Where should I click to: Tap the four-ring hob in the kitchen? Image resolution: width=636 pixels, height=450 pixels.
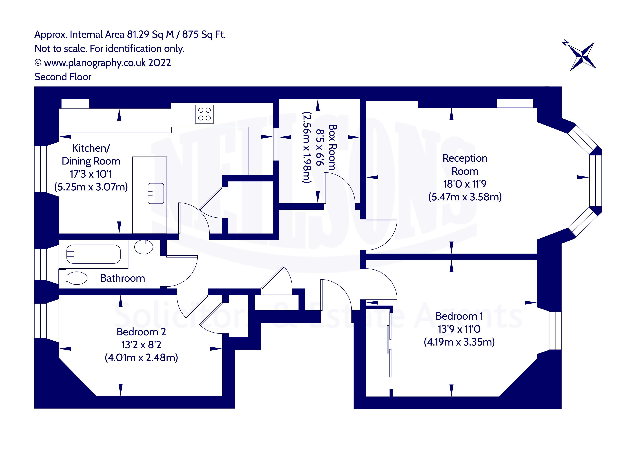pos(204,114)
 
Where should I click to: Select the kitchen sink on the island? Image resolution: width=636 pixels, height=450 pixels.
pos(156,193)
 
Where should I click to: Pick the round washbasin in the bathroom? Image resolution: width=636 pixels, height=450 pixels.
pos(143,247)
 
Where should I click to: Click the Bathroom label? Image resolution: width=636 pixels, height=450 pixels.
pos(122,278)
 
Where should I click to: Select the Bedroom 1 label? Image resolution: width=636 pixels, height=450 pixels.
pos(459,316)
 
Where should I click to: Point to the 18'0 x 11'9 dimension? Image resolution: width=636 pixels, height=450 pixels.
pos(465,184)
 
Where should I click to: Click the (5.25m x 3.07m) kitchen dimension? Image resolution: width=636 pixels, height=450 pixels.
pos(91,187)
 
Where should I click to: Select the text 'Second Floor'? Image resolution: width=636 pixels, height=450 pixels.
pos(63,77)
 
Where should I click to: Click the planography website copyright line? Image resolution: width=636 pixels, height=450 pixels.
pos(102,63)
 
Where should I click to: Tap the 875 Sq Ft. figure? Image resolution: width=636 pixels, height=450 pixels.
pos(204,34)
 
